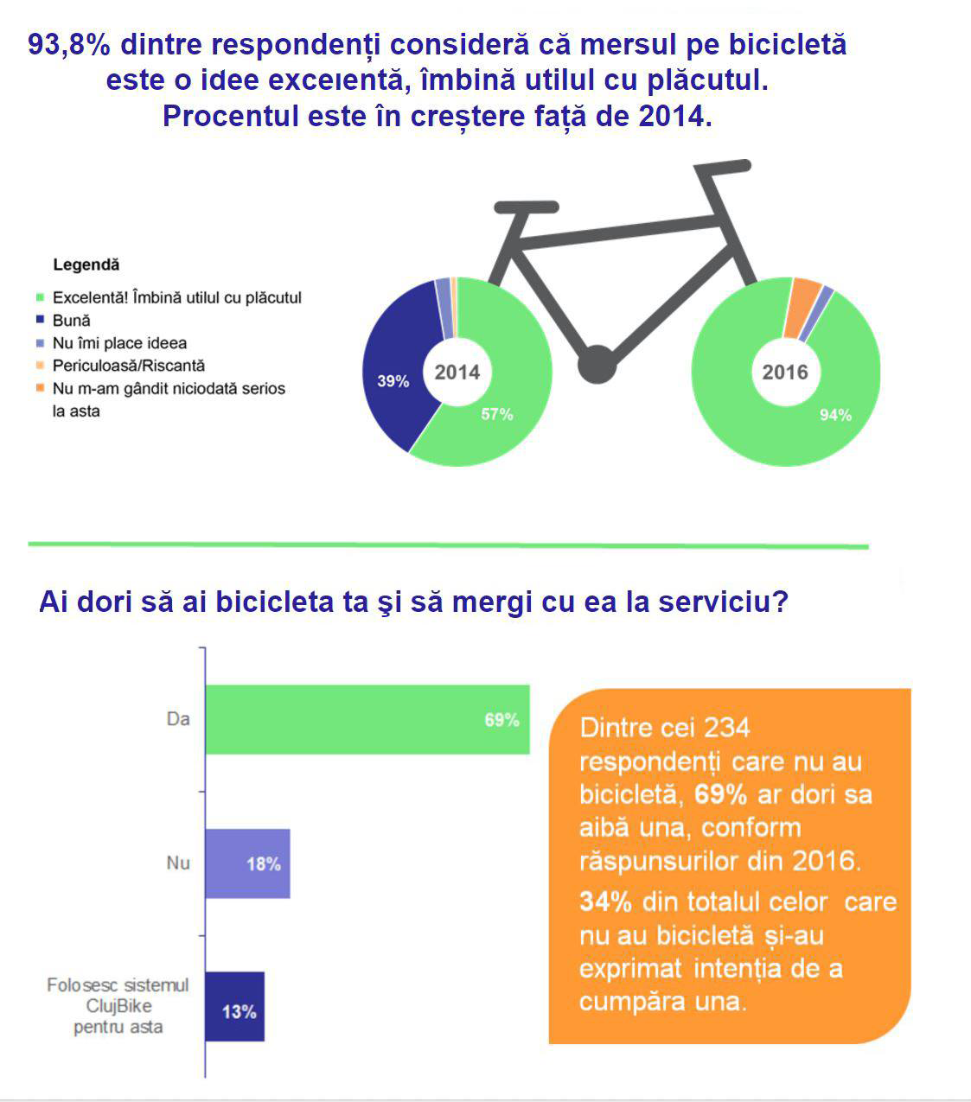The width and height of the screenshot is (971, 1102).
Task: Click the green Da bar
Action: (x=367, y=719)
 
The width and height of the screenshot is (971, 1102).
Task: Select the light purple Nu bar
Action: (x=247, y=863)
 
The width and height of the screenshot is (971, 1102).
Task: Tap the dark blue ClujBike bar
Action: (x=234, y=1007)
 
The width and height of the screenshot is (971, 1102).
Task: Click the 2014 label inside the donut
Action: (x=457, y=373)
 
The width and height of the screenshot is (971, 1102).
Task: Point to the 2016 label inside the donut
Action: (x=785, y=373)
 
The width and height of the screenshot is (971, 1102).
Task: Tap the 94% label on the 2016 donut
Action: (x=835, y=416)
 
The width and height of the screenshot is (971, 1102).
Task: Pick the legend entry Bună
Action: (x=71, y=321)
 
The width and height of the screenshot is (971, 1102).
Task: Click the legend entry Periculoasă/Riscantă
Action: (x=128, y=366)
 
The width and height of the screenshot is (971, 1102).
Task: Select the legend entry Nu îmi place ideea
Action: (x=119, y=343)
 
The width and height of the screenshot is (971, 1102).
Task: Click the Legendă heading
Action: (x=86, y=265)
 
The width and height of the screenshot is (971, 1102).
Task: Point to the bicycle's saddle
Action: (x=526, y=207)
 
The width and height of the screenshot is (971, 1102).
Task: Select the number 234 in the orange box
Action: (x=726, y=728)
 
